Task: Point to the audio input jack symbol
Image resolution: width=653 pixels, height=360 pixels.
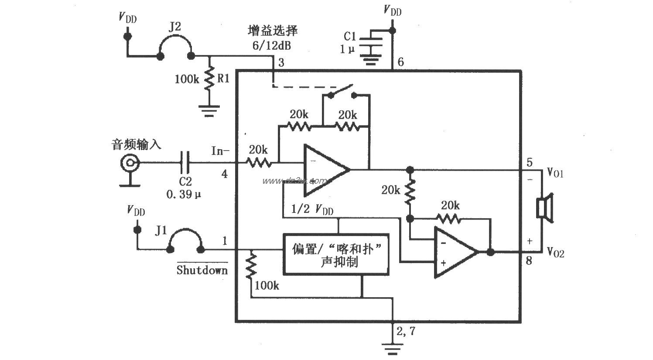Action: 130,164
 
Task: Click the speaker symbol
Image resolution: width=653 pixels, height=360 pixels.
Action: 544,207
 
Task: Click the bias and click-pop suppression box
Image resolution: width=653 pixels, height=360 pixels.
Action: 335,254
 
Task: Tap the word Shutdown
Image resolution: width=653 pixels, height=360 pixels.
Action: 202,270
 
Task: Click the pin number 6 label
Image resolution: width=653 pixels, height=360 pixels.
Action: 400,62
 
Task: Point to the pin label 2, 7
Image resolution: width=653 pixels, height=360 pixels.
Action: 406,332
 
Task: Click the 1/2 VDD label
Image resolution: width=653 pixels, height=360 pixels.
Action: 313,209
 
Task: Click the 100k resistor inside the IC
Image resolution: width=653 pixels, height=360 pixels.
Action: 251,267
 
